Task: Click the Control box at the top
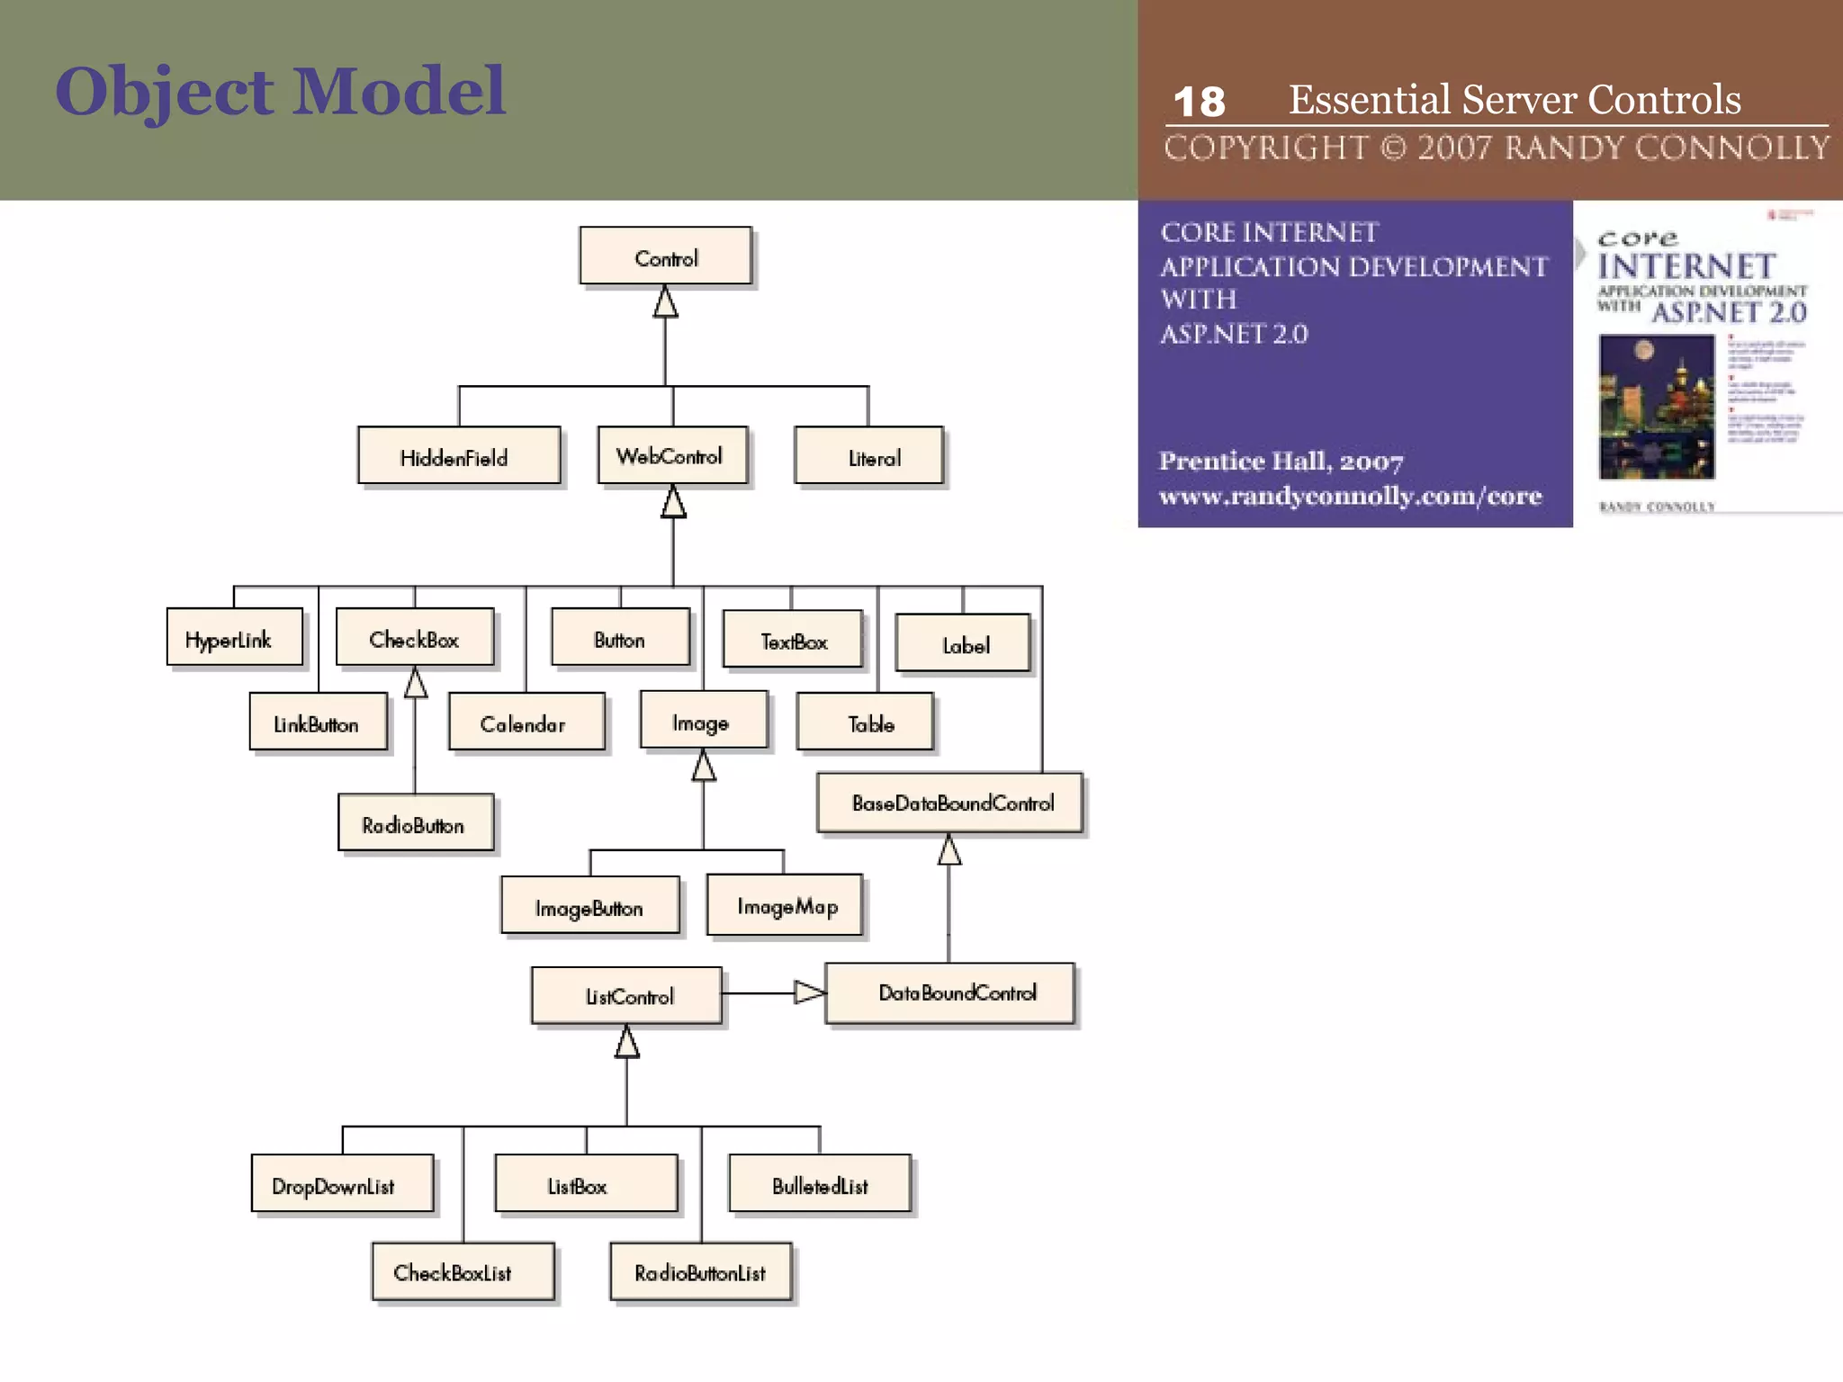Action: tap(665, 256)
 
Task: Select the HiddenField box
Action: tap(459, 456)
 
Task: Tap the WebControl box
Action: tap(672, 455)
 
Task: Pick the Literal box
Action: tap(869, 456)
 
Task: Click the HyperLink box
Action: tap(234, 638)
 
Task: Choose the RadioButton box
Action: tap(415, 822)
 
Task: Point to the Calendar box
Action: tap(526, 722)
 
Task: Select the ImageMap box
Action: tap(785, 905)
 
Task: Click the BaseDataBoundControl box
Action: tap(949, 803)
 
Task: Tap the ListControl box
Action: tap(626, 995)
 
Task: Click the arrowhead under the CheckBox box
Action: tap(415, 683)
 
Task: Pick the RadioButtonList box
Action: tap(700, 1272)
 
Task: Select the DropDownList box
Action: tap(342, 1184)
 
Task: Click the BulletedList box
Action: tap(819, 1184)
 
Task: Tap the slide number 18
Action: tap(1199, 102)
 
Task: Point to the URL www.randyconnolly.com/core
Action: tap(1350, 496)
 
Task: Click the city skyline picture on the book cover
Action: tap(1656, 407)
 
